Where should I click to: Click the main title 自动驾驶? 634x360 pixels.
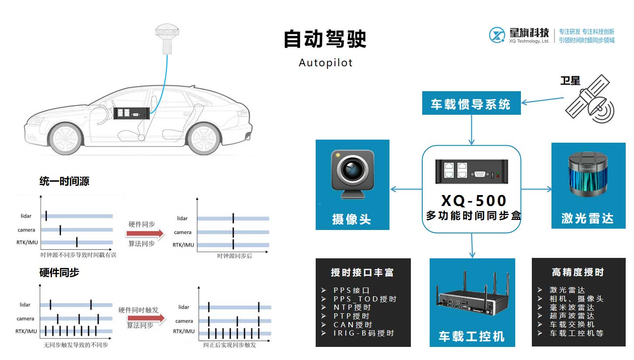[325, 39]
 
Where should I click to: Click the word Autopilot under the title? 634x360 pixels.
[325, 63]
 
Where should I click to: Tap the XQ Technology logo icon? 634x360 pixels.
[497, 35]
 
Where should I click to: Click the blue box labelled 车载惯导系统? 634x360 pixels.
[471, 103]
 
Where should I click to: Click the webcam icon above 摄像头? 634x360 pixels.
[352, 174]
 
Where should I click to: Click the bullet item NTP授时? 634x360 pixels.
[352, 308]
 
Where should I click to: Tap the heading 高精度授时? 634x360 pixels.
[578, 272]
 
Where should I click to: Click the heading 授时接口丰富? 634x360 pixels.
[362, 273]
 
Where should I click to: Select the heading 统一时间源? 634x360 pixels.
[65, 181]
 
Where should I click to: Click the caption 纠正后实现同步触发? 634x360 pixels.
[230, 345]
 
